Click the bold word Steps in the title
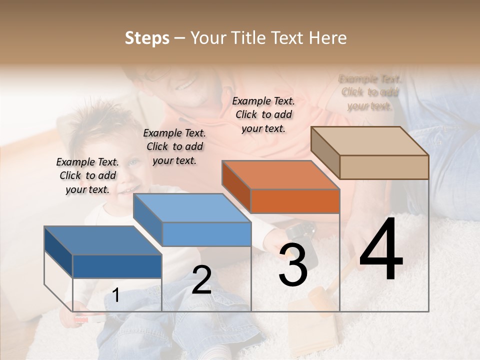tap(147, 38)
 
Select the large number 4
tap(381, 250)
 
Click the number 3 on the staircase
tap(293, 265)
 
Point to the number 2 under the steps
tap(201, 280)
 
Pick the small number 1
tap(116, 295)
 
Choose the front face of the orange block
tap(295, 201)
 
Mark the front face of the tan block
tap(384, 167)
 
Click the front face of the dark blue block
tap(117, 266)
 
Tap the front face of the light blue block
tap(206, 234)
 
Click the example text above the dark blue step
tap(87, 175)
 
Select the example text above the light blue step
tap(174, 146)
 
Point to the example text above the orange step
tap(263, 114)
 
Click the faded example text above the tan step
tap(370, 92)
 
